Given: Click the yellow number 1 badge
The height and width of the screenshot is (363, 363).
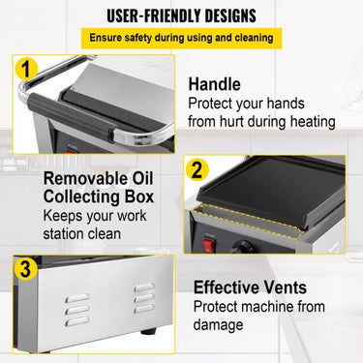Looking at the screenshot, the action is click(26, 70).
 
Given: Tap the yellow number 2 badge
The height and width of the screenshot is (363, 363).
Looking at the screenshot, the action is click(197, 169).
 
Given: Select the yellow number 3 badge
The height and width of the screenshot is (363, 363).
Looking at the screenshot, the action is click(25, 268).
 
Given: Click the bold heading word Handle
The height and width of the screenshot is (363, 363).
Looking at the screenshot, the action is click(214, 84).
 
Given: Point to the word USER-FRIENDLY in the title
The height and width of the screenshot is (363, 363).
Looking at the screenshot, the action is click(153, 15).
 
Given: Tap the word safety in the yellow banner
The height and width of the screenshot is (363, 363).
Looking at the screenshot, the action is click(138, 38).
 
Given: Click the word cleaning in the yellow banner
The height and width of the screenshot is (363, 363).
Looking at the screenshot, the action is click(254, 38).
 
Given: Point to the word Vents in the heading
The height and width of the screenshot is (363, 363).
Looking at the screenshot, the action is click(286, 287).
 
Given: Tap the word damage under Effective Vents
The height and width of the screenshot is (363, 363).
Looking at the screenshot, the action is click(218, 324).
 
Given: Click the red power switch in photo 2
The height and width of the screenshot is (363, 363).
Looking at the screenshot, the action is click(209, 246).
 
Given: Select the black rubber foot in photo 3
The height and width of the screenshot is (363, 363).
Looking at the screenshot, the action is click(149, 331).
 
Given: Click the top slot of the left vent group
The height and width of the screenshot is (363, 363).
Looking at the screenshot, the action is click(77, 297).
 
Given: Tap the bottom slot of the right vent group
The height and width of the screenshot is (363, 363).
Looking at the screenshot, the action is click(144, 309).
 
